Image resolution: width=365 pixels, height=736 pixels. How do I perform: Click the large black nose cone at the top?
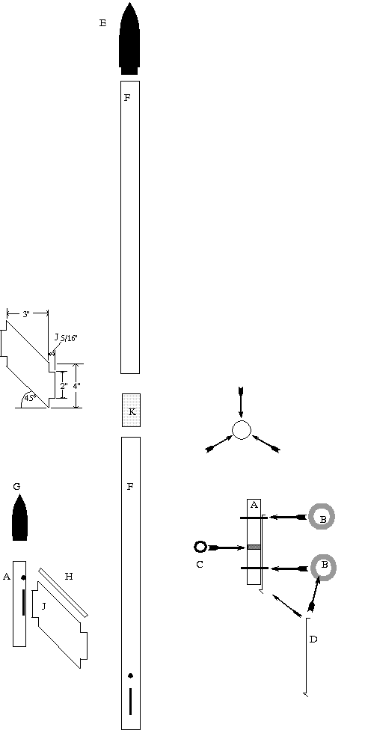129,40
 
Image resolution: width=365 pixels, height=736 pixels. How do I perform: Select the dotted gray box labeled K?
131,410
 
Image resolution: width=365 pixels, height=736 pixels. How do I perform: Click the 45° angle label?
30,399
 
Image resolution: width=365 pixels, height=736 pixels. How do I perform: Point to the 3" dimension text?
26,314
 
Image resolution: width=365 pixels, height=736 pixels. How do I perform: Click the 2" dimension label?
64,385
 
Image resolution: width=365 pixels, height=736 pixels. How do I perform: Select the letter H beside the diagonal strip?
69,577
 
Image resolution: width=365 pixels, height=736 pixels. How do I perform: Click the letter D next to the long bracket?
313,640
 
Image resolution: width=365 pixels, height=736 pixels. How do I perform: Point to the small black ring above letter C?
200,546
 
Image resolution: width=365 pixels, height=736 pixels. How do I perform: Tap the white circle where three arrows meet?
242,430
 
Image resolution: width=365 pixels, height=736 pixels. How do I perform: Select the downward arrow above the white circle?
241,402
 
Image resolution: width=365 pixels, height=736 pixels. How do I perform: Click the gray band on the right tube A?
254,547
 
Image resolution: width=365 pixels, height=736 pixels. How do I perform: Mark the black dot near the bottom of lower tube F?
130,675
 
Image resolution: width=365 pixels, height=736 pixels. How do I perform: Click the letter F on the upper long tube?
128,98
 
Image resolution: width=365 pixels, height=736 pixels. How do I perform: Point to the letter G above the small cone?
17,486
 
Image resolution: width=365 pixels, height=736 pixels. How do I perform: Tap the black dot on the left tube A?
23,577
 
